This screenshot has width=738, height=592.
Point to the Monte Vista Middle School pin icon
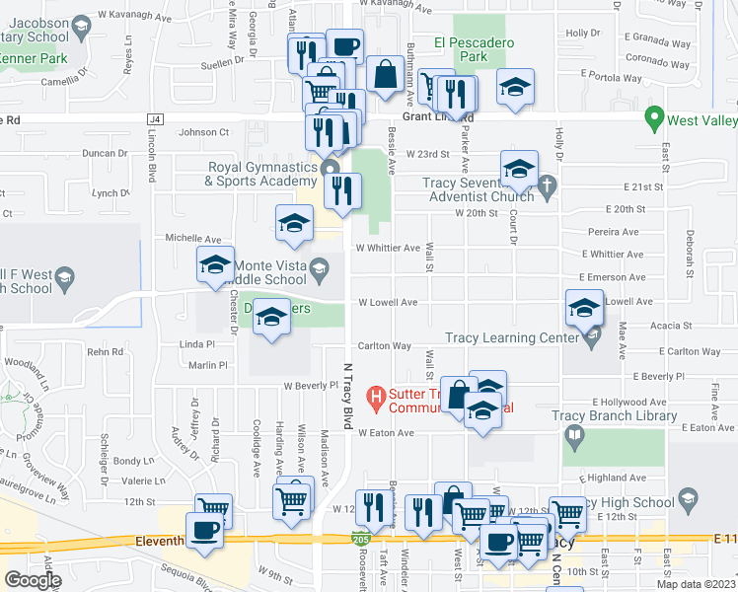pyautogui.click(x=319, y=267)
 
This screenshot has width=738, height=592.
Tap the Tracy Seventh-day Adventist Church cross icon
pyautogui.click(x=551, y=184)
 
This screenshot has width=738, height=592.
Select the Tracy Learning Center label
pyautogui.click(x=511, y=338)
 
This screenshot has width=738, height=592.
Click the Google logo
pyautogui.click(x=33, y=579)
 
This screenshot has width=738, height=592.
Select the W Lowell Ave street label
pyautogui.click(x=388, y=302)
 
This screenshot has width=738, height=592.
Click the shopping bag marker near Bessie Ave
pyautogui.click(x=384, y=74)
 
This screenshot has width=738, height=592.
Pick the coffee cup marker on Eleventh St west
pyautogui.click(x=205, y=531)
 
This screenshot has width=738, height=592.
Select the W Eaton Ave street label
pyautogui.click(x=386, y=433)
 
